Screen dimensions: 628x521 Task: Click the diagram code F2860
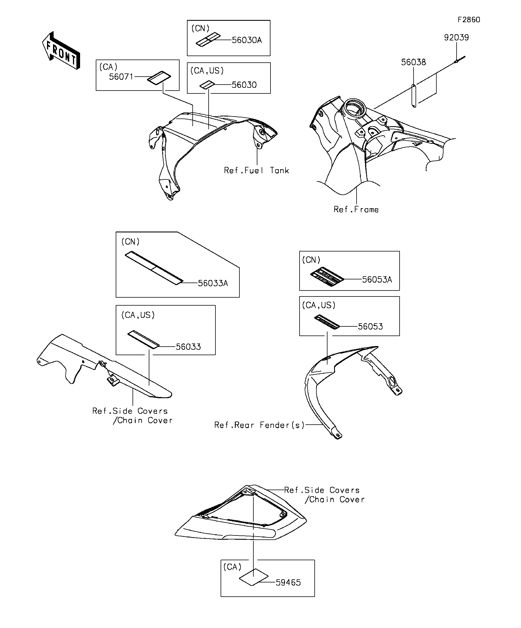468,20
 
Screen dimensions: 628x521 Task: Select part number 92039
456,38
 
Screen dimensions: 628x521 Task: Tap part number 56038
413,62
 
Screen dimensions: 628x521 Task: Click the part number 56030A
247,40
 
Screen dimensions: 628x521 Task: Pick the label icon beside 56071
159,78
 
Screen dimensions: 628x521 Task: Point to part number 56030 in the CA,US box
244,85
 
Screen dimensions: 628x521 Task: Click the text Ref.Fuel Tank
256,170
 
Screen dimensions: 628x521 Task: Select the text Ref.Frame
356,210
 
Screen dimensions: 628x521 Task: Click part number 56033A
213,283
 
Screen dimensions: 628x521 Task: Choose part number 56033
188,347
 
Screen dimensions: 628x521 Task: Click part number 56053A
376,280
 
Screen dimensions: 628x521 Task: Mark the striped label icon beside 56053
327,322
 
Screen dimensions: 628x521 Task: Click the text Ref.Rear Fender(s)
259,425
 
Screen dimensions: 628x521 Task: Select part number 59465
288,582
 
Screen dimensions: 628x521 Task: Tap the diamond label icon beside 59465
253,577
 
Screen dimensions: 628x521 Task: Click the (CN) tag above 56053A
311,260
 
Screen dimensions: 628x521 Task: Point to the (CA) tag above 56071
108,67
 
